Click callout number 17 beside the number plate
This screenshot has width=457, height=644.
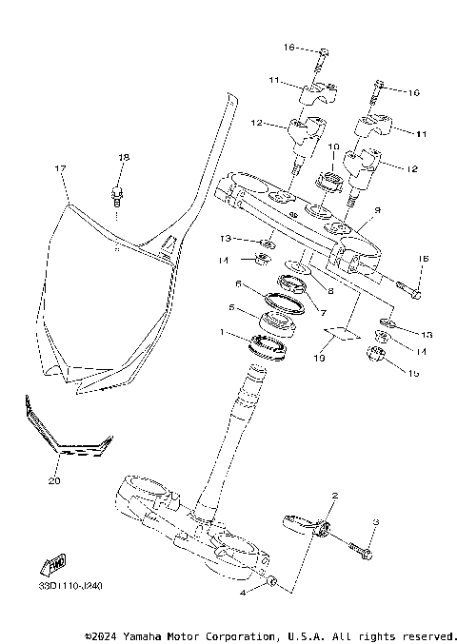[60, 168]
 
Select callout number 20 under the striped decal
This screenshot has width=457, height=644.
[54, 481]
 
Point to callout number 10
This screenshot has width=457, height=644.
[334, 147]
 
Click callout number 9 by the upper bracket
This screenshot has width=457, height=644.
[377, 209]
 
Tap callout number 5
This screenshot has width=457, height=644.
[231, 308]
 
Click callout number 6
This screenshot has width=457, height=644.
[238, 283]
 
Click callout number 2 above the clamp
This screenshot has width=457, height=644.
[334, 496]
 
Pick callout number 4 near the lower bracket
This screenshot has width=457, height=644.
[245, 592]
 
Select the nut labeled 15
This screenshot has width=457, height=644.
[376, 358]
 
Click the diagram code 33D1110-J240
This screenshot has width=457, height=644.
[72, 586]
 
